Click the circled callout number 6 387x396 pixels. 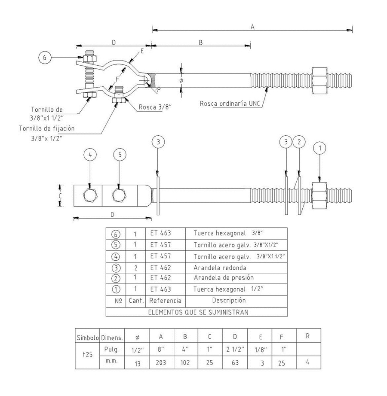[x=45, y=57]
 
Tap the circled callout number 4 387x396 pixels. [x=89, y=153]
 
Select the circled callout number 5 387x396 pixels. [x=120, y=153]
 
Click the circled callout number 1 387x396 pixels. [x=319, y=149]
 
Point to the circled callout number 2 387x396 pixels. [x=300, y=141]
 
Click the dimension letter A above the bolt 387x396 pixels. [x=253, y=27]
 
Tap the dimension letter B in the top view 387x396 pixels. [x=201, y=42]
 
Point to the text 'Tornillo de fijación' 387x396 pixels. [x=47, y=128]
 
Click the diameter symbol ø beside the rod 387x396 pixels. [x=181, y=80]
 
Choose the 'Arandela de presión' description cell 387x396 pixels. [x=224, y=277]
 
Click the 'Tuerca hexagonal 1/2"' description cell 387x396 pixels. [x=228, y=289]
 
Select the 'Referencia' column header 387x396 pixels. [x=166, y=301]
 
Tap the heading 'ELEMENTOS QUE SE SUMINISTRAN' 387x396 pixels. [x=198, y=312]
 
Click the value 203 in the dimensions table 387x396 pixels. [x=161, y=362]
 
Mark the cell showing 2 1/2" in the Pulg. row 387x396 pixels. [x=235, y=349]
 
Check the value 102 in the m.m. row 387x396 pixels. [x=186, y=362]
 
